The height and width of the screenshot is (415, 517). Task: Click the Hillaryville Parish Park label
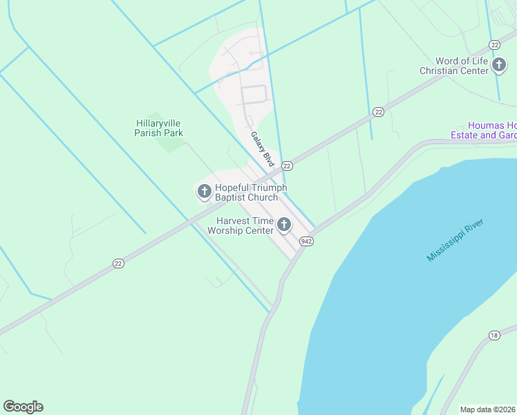[159, 128]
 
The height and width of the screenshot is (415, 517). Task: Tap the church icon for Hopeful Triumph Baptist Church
[204, 190]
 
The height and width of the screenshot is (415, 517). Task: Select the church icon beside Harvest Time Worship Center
[284, 224]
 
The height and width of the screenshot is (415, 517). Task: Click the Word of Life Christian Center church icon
[499, 65]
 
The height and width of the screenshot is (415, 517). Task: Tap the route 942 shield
[307, 241]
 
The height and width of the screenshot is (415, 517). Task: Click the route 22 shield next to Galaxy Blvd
[288, 165]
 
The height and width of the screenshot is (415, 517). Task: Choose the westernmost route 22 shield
[119, 264]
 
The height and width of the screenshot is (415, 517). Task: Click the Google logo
[23, 407]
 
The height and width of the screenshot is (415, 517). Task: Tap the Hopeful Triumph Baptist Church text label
[250, 192]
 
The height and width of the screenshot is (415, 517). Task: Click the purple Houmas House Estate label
[492, 130]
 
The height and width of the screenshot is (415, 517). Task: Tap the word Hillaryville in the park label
[159, 123]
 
